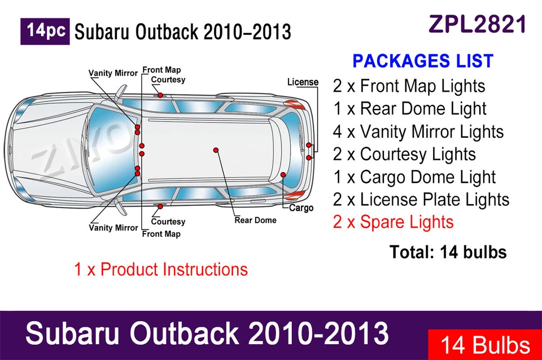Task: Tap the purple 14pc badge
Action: [x=45, y=31]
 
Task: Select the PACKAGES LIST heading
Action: [x=422, y=61]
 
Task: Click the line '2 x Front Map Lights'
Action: [x=409, y=86]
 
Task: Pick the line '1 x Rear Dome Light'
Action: [x=409, y=109]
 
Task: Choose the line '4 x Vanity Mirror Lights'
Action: [x=418, y=131]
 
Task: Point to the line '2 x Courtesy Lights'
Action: [x=404, y=154]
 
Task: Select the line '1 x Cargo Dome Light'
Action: [x=414, y=177]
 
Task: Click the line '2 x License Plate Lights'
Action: [x=421, y=199]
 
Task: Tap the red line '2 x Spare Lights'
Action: [x=393, y=222]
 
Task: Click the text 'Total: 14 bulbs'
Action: [x=448, y=252]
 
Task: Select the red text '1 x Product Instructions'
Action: [x=161, y=269]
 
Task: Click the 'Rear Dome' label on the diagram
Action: [x=255, y=220]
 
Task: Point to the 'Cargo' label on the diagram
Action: [x=301, y=208]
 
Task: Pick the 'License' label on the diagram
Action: [x=303, y=82]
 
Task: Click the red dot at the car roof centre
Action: [x=216, y=150]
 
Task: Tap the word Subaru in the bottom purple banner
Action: [x=73, y=333]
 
